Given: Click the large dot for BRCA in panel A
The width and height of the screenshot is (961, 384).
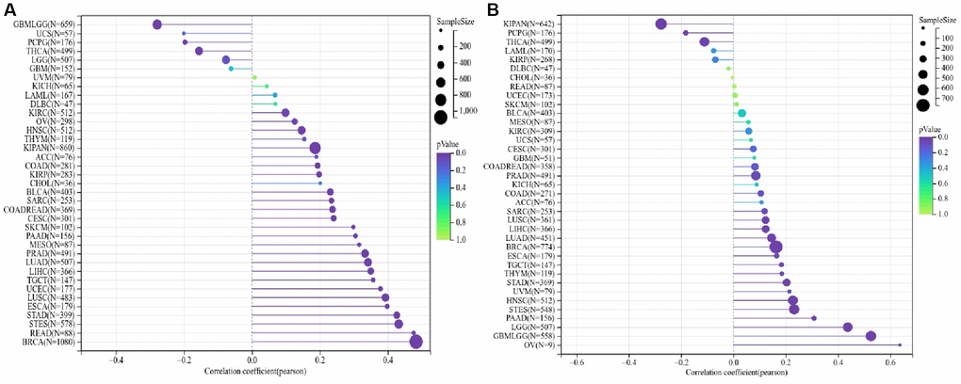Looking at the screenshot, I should [416, 342].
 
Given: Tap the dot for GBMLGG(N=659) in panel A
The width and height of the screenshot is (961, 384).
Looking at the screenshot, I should [157, 24].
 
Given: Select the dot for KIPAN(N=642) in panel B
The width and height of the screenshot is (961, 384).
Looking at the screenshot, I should [661, 24].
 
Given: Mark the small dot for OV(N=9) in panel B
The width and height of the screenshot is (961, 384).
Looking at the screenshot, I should [900, 345].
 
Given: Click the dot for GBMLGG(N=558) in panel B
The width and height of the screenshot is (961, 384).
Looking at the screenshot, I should [871, 336].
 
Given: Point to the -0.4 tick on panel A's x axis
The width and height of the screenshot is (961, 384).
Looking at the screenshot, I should [116, 360].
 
